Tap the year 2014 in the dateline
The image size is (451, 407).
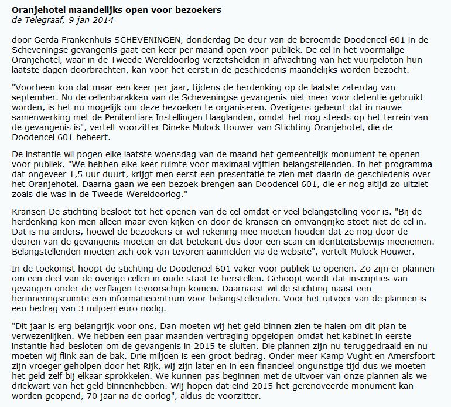point(104,20)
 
